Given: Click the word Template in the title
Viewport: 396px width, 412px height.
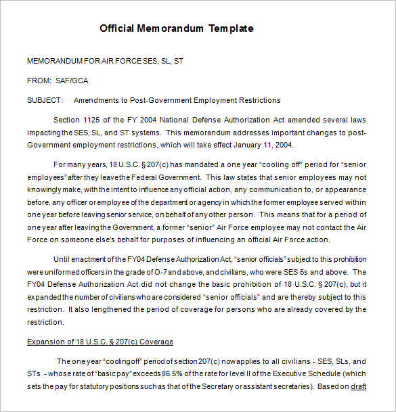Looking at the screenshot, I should [x=231, y=28].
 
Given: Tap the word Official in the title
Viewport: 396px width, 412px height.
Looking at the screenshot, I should [x=117, y=28].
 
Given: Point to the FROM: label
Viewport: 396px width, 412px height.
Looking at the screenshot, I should [x=39, y=81].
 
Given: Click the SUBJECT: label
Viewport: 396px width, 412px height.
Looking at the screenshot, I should [x=45, y=100].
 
